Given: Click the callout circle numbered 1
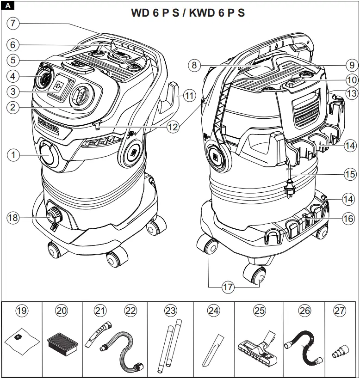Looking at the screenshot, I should click(14, 155).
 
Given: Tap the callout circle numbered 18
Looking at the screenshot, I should click(14, 217).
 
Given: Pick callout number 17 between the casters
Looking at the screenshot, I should click(228, 287).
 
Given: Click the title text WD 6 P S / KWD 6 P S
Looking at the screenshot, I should click(188, 12).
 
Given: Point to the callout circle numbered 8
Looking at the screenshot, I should click(195, 65).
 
